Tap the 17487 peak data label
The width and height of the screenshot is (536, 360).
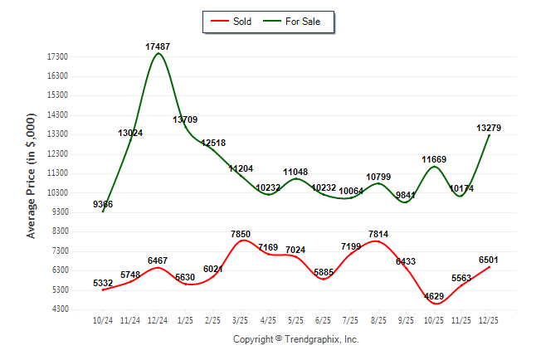(x=158, y=46)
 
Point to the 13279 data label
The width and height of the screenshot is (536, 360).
(x=489, y=128)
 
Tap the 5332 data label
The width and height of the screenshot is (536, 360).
(x=104, y=283)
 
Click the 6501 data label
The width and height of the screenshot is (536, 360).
(x=489, y=259)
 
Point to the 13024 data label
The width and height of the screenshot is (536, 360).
(x=130, y=133)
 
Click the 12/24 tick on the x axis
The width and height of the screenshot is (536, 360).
(x=158, y=320)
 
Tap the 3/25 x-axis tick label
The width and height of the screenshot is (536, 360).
(x=241, y=320)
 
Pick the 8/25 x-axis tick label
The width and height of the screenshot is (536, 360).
(x=378, y=320)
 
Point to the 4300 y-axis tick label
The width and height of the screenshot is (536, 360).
(x=59, y=309)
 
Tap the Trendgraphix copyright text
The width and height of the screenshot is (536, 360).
(x=295, y=339)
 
